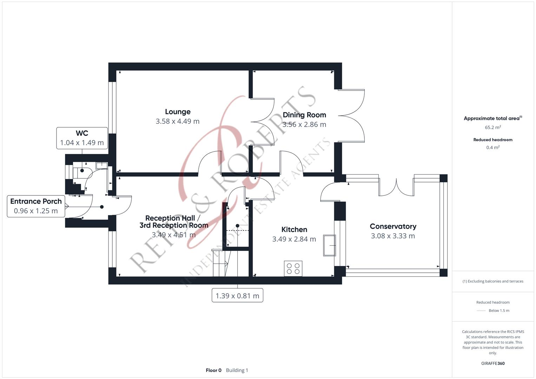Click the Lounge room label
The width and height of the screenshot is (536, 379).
(x=178, y=112)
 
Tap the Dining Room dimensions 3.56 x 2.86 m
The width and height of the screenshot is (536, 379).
(x=304, y=124)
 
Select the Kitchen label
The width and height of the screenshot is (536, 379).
(x=294, y=230)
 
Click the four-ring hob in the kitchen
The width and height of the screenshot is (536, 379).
(x=293, y=268)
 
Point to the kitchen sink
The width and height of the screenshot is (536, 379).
(x=329, y=245)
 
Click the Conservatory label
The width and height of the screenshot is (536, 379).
(x=393, y=226)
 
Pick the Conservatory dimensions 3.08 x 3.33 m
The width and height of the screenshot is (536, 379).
(x=393, y=236)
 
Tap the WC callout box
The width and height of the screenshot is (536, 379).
(x=82, y=138)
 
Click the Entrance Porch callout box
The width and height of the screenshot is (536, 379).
(x=36, y=206)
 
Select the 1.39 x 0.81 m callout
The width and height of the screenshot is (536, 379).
(x=237, y=295)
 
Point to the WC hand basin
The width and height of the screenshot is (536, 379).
(x=101, y=165)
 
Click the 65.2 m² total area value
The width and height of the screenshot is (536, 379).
(x=493, y=127)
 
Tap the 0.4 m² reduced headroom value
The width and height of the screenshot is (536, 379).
(x=493, y=147)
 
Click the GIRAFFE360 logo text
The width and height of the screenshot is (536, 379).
(x=493, y=363)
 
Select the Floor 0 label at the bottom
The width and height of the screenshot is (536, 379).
(x=213, y=370)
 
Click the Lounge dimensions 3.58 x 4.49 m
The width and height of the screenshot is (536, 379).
(x=178, y=121)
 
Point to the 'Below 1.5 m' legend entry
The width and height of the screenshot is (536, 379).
(x=498, y=311)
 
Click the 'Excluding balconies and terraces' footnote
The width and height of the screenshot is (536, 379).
(x=493, y=281)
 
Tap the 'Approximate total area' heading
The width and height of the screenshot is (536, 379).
(x=492, y=118)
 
